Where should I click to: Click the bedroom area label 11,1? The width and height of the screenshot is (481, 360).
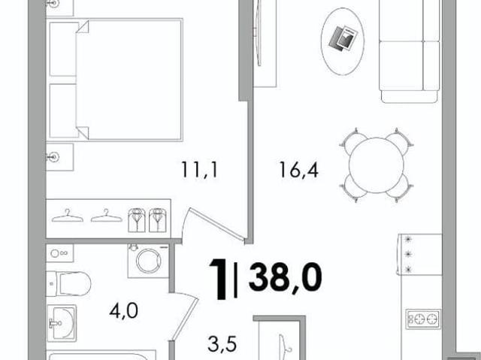point(199,170)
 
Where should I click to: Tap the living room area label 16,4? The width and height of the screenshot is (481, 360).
point(299,170)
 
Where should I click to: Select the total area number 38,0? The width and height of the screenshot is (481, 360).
point(286,277)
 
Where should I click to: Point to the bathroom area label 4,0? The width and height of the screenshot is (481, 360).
point(123,310)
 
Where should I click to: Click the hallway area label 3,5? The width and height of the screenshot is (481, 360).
point(222,344)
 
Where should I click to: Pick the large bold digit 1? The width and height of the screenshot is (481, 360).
point(219,279)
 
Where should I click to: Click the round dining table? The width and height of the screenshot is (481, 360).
point(376,165)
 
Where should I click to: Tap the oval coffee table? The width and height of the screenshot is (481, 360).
point(343,41)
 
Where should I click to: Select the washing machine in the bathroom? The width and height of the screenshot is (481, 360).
point(149,261)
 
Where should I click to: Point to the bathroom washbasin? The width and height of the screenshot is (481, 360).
point(62,322)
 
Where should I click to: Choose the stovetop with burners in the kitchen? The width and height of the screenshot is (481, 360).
point(423,319)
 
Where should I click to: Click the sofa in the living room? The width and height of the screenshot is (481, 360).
point(409,50)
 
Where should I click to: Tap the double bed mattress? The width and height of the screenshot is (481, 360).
point(129,80)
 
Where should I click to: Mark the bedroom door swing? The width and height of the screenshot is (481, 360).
point(215,225)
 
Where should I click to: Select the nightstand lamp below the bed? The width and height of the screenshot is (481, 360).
point(53,157)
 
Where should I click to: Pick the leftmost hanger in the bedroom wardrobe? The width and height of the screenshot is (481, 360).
point(67,216)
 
